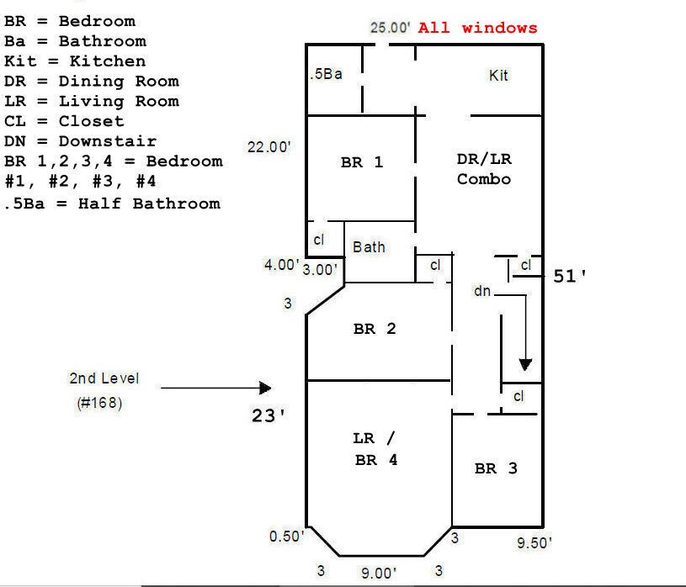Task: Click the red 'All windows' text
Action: tap(477, 28)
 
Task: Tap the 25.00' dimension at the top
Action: tap(391, 28)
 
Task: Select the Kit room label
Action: tap(498, 75)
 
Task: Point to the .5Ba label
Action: tap(326, 74)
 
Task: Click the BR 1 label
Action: tap(362, 162)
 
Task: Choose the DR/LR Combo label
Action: tap(484, 169)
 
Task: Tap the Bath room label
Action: tap(369, 247)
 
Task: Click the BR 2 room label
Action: tap(375, 328)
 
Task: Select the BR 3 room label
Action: tap(496, 468)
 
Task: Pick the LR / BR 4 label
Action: tap(375, 449)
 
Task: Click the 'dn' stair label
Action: tap(482, 291)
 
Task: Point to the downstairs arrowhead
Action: tap(525, 364)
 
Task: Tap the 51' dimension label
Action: tap(570, 276)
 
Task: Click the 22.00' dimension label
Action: tap(269, 147)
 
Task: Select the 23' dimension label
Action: tap(269, 415)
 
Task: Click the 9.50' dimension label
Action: tap(534, 543)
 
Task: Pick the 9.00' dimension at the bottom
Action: tap(379, 573)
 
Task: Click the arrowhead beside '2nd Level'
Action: tap(265, 388)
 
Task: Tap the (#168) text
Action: tap(99, 403)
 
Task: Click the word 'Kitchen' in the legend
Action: tap(108, 61)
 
